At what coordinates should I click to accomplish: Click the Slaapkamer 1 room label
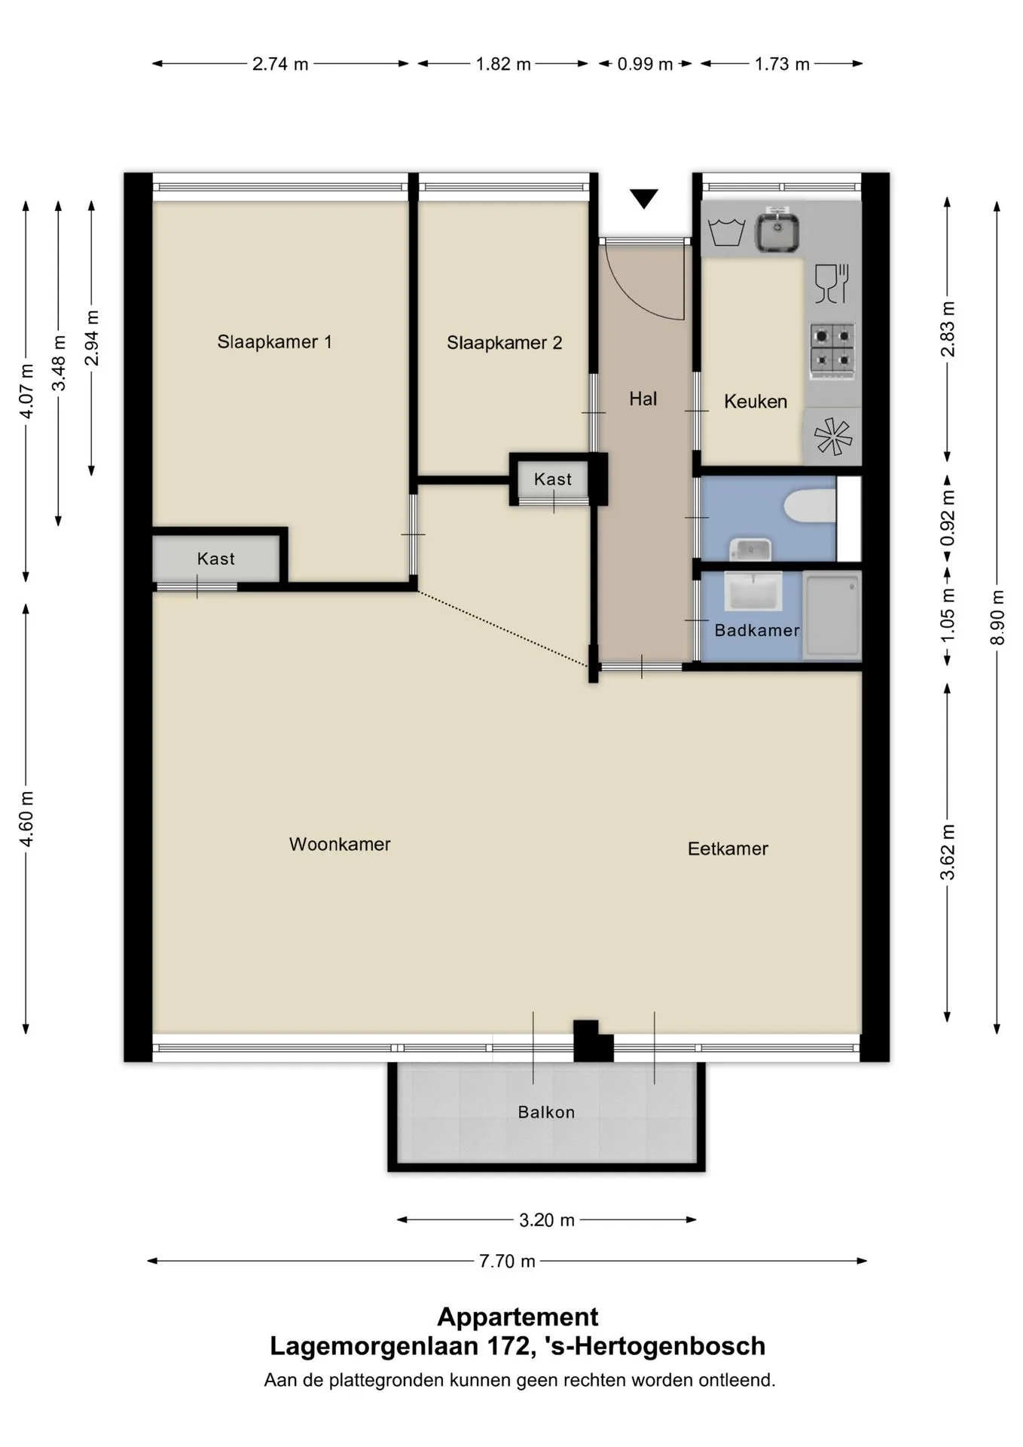274,342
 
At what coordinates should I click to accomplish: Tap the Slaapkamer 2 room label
504,343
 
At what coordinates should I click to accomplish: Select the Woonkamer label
340,844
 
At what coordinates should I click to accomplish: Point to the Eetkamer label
728,849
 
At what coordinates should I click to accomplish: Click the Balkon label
546,1112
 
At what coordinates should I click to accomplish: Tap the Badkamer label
757,630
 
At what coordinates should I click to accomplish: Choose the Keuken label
756,402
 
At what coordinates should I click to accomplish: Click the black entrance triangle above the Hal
644,198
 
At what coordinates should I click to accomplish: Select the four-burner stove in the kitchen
832,350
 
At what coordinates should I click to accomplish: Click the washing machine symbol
727,232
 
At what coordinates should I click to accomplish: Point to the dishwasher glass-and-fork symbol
832,283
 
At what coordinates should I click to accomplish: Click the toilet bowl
811,505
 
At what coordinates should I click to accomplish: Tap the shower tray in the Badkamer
832,616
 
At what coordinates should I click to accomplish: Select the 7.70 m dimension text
507,1261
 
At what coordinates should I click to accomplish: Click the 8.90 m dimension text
997,617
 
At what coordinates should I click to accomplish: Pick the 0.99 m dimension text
645,64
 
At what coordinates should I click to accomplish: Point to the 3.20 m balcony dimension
547,1219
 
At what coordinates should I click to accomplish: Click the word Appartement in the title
518,1317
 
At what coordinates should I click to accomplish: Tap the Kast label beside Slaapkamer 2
553,479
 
